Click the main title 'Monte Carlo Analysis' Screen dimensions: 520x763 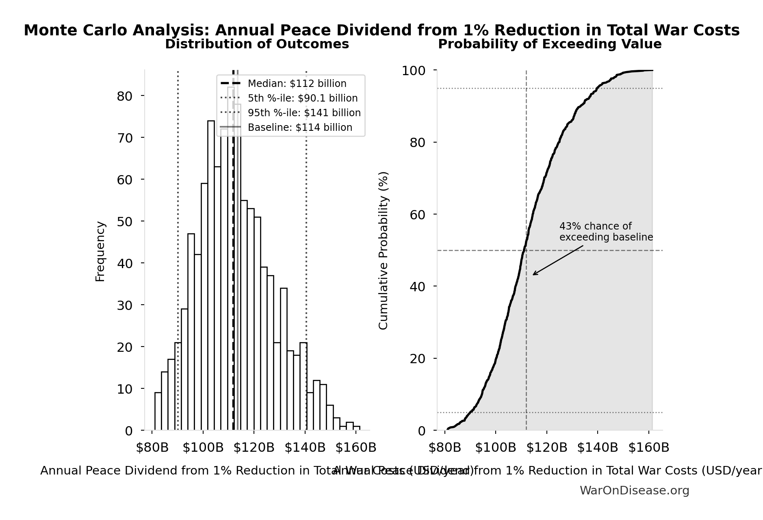coord(381,30)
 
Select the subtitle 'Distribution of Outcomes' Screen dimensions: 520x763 coord(257,44)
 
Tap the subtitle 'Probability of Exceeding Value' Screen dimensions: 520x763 coord(550,44)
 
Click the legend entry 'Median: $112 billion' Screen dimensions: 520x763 coord(297,84)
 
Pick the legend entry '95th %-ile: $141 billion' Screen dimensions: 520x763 coord(304,113)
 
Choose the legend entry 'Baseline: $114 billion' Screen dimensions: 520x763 coord(300,128)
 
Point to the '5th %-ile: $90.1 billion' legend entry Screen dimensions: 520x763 coord(302,98)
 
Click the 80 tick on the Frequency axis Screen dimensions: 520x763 coord(124,96)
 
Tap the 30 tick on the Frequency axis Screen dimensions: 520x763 coord(124,305)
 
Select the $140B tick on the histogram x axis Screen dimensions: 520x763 coord(305,448)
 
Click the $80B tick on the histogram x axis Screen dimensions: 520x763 coord(152,448)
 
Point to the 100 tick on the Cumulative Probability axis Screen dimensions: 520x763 coord(413,71)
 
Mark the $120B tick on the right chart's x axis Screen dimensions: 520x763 coord(547,448)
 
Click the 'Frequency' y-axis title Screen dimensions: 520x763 coord(100,251)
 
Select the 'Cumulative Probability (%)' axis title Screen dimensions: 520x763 coord(383,250)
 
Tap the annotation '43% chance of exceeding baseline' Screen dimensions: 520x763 coord(605,232)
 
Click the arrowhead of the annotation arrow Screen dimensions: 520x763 coord(534,275)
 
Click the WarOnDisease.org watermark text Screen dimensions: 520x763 coord(634,491)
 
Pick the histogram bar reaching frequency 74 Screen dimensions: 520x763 coord(211,276)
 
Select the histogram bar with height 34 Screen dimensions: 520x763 coord(284,360)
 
